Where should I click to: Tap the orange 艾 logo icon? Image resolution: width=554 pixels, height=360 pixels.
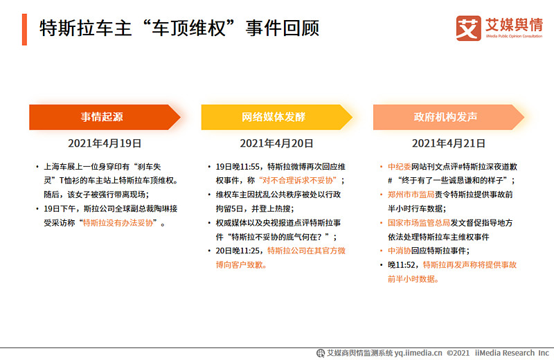point(468,27)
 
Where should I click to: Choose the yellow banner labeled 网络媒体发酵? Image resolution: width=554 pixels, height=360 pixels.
point(274,117)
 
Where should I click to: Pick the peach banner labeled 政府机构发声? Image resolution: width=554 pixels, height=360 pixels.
point(446,117)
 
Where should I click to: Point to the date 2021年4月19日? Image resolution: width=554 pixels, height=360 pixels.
point(105,144)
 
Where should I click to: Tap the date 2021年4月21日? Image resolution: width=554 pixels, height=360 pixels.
point(448,144)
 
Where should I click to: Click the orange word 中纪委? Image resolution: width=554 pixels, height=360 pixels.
point(400,167)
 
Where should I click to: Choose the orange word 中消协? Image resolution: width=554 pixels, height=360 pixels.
point(400,251)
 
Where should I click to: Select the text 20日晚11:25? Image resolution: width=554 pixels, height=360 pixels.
point(240,251)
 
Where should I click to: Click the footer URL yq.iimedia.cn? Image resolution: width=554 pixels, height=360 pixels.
point(418,352)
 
